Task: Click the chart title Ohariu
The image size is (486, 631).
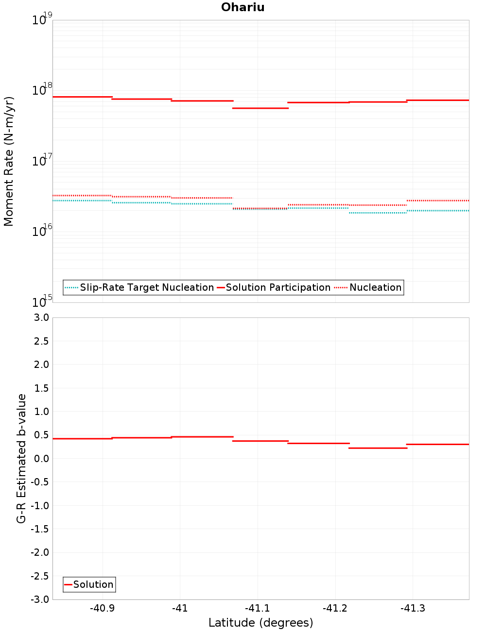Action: pyautogui.click(x=243, y=7)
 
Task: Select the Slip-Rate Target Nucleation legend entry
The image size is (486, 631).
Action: pyautogui.click(x=146, y=287)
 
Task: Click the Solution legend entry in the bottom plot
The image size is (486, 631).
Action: pyautogui.click(x=93, y=584)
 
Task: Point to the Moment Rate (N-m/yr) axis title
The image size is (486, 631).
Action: pyautogui.click(x=9, y=161)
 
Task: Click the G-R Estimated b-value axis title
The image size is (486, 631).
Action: pyautogui.click(x=21, y=458)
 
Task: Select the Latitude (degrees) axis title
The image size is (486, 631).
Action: pyautogui.click(x=260, y=623)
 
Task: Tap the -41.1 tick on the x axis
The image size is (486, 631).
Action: pyautogui.click(x=257, y=609)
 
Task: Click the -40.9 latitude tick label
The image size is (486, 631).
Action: pyautogui.click(x=102, y=609)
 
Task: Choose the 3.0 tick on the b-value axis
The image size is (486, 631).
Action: pyautogui.click(x=41, y=317)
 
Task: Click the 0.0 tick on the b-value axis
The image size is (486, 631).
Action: pyautogui.click(x=41, y=459)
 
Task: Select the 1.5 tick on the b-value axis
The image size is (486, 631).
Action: pyautogui.click(x=41, y=388)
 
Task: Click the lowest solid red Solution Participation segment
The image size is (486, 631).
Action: pyautogui.click(x=260, y=108)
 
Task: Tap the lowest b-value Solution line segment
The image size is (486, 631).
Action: pyautogui.click(x=378, y=448)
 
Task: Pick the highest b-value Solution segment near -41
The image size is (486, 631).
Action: pyautogui.click(x=202, y=437)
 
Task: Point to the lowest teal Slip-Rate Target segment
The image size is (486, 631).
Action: pyautogui.click(x=378, y=213)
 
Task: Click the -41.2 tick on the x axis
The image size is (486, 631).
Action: pyautogui.click(x=335, y=609)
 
